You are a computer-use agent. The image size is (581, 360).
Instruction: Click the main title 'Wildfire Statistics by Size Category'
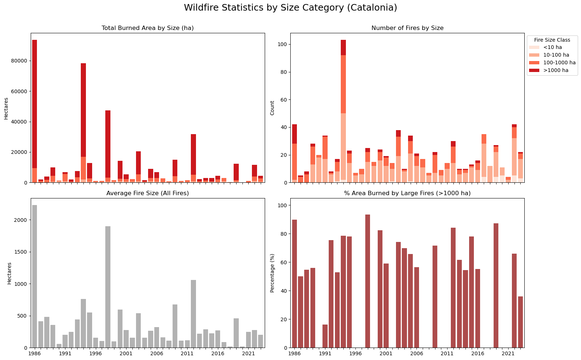click(290, 8)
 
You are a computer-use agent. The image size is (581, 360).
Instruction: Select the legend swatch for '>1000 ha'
click(534, 71)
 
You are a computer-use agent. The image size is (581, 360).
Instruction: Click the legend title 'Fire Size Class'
click(552, 40)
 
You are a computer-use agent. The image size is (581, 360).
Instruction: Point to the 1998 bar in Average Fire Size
click(108, 287)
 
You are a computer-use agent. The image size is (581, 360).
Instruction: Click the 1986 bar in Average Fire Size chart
click(35, 276)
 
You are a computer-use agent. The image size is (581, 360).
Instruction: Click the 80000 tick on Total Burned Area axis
click(20, 61)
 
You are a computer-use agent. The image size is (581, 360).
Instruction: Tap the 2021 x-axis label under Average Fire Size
click(248, 354)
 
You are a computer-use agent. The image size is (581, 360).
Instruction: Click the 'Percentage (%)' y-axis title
click(272, 273)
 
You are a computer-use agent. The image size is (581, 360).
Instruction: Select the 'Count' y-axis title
click(272, 108)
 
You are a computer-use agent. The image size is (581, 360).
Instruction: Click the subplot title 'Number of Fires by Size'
click(407, 28)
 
